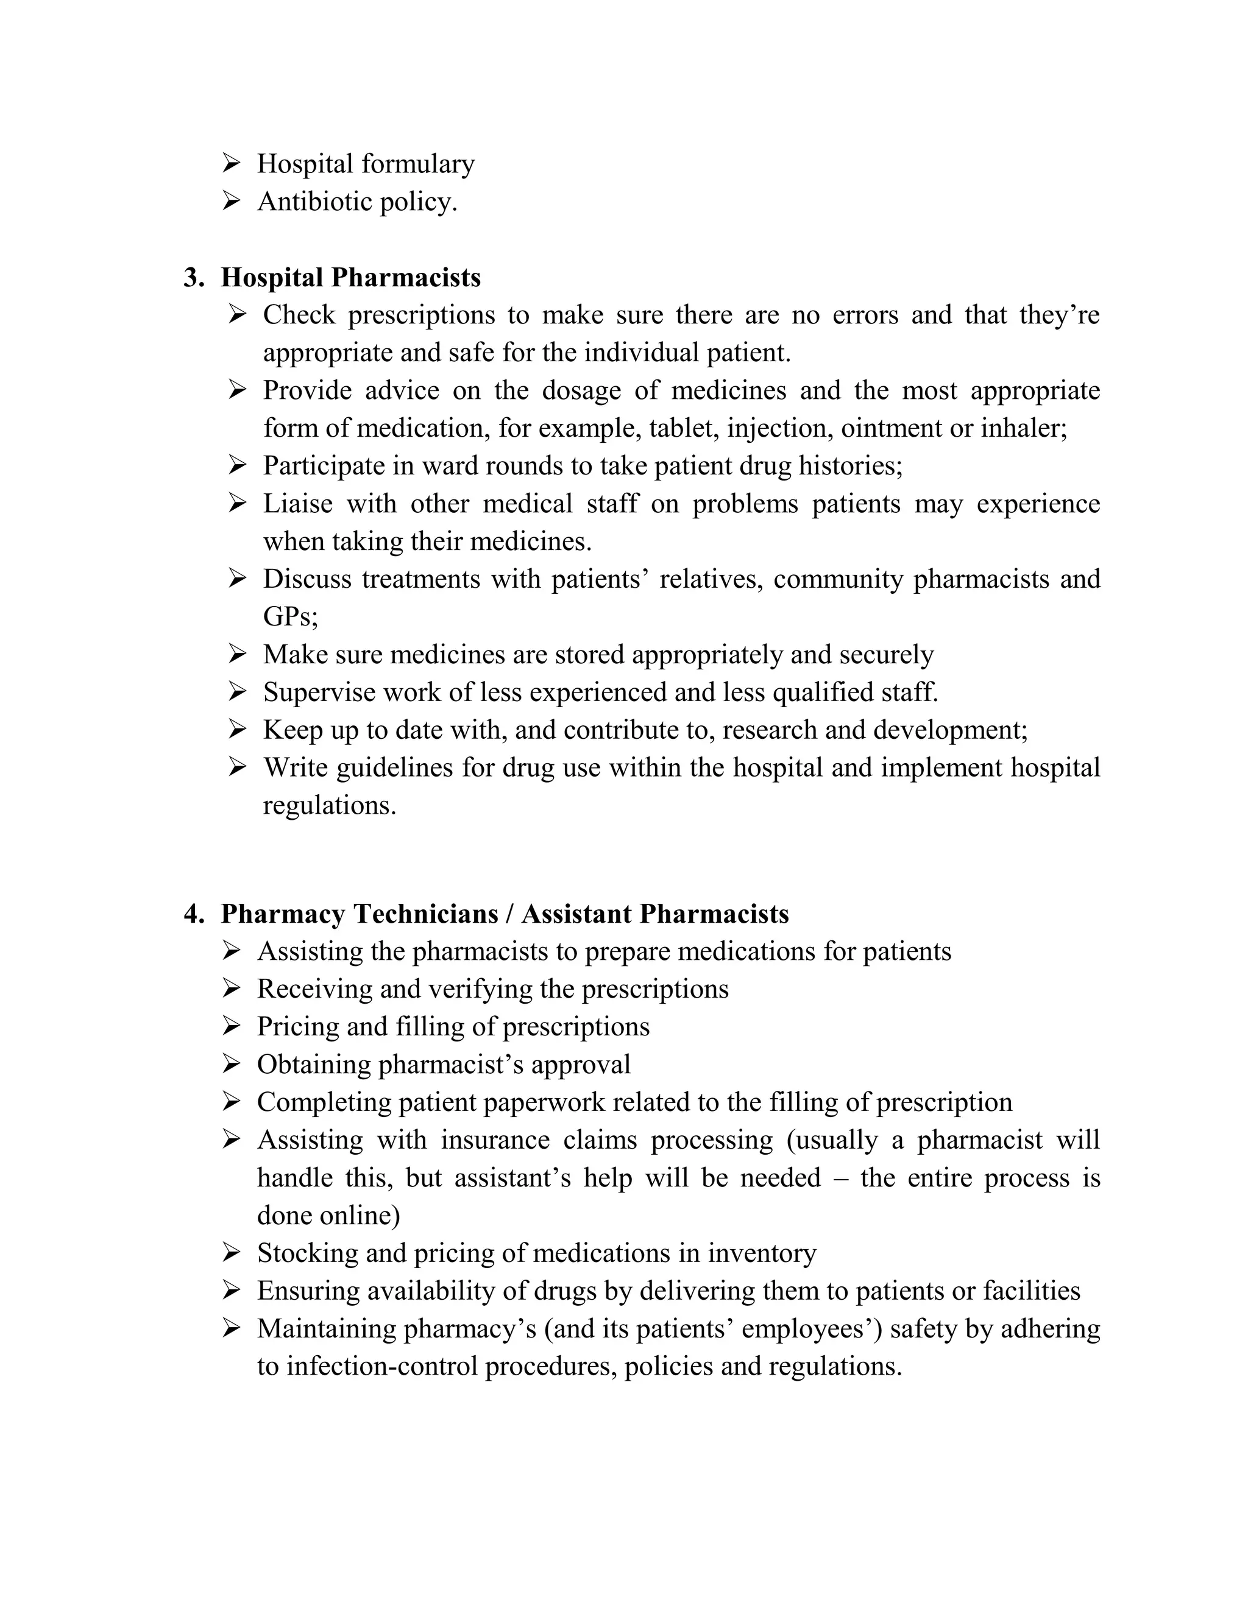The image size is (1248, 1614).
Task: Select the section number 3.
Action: [193, 278]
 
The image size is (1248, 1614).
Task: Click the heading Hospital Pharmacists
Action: [350, 278]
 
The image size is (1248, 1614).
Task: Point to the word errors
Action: [864, 315]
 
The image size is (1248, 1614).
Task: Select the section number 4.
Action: [193, 914]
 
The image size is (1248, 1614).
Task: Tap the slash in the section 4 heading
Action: [509, 914]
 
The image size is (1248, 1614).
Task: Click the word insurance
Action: [495, 1140]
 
